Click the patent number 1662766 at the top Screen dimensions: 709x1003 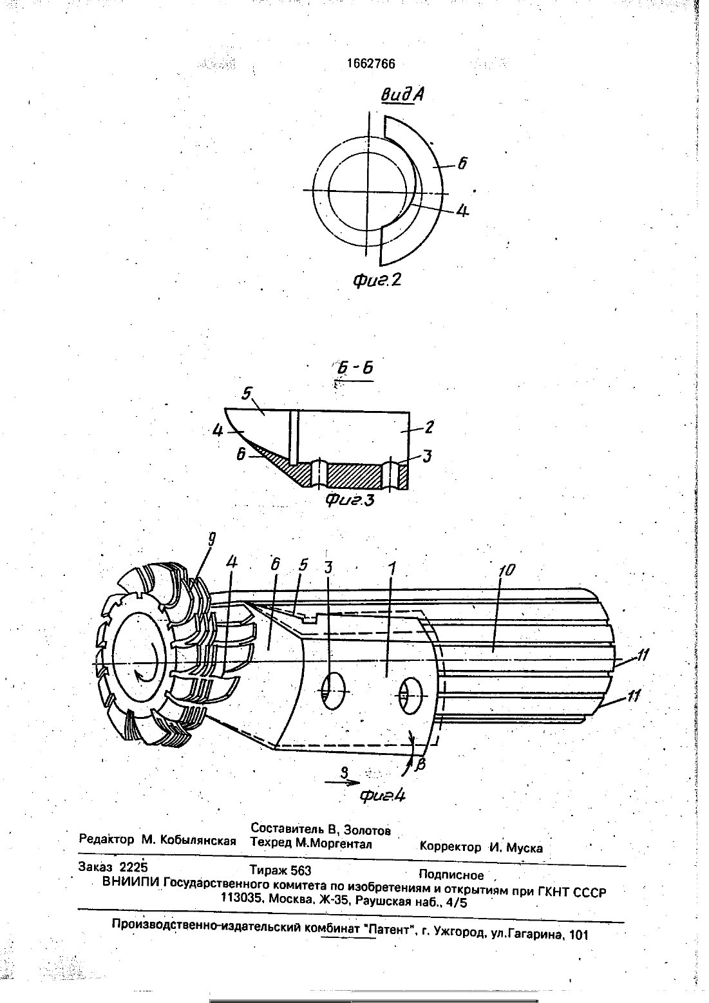pyautogui.click(x=371, y=64)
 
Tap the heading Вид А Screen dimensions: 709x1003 pyautogui.click(x=402, y=95)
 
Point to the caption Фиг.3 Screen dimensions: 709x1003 pyautogui.click(x=350, y=499)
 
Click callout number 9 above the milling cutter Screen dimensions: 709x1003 pyautogui.click(x=211, y=540)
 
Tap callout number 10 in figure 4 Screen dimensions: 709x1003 pyautogui.click(x=506, y=570)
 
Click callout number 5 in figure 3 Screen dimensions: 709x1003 pyautogui.click(x=247, y=393)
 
